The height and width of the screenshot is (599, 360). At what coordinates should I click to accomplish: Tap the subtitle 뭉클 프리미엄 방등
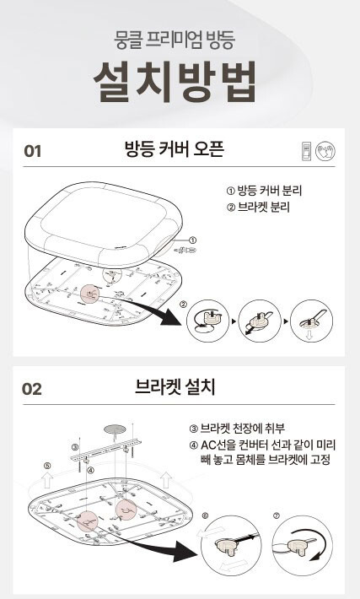pos(174,40)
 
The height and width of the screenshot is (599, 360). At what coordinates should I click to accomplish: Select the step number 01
pos(32,151)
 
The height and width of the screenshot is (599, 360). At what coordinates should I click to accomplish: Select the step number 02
pos(32,389)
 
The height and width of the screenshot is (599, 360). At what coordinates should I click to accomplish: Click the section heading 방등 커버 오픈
pos(174,149)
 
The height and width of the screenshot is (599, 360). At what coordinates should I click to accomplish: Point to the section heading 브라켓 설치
pos(175,387)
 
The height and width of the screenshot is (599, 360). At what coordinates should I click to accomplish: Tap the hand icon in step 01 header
pos(325,151)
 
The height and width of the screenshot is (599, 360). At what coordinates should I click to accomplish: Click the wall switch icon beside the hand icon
pos(307,151)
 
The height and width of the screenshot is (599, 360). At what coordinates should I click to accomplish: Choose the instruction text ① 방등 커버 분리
pos(264,190)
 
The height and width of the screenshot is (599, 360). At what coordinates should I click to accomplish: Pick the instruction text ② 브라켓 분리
pos(258,207)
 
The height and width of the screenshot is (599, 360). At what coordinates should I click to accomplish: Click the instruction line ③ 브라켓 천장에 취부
pos(237,429)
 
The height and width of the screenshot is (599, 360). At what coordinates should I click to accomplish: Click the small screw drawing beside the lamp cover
pos(185,251)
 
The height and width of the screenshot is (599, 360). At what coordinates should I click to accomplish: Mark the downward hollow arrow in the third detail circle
pos(309,336)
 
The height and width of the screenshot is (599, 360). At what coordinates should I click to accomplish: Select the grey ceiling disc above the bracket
pos(114,429)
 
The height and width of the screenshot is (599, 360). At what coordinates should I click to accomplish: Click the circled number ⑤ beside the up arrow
pos(47,466)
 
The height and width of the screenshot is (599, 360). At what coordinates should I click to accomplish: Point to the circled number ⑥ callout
pos(206,515)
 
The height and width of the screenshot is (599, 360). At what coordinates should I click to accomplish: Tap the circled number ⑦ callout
pos(277,515)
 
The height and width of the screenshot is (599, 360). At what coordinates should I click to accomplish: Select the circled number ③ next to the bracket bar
pos(75,446)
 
